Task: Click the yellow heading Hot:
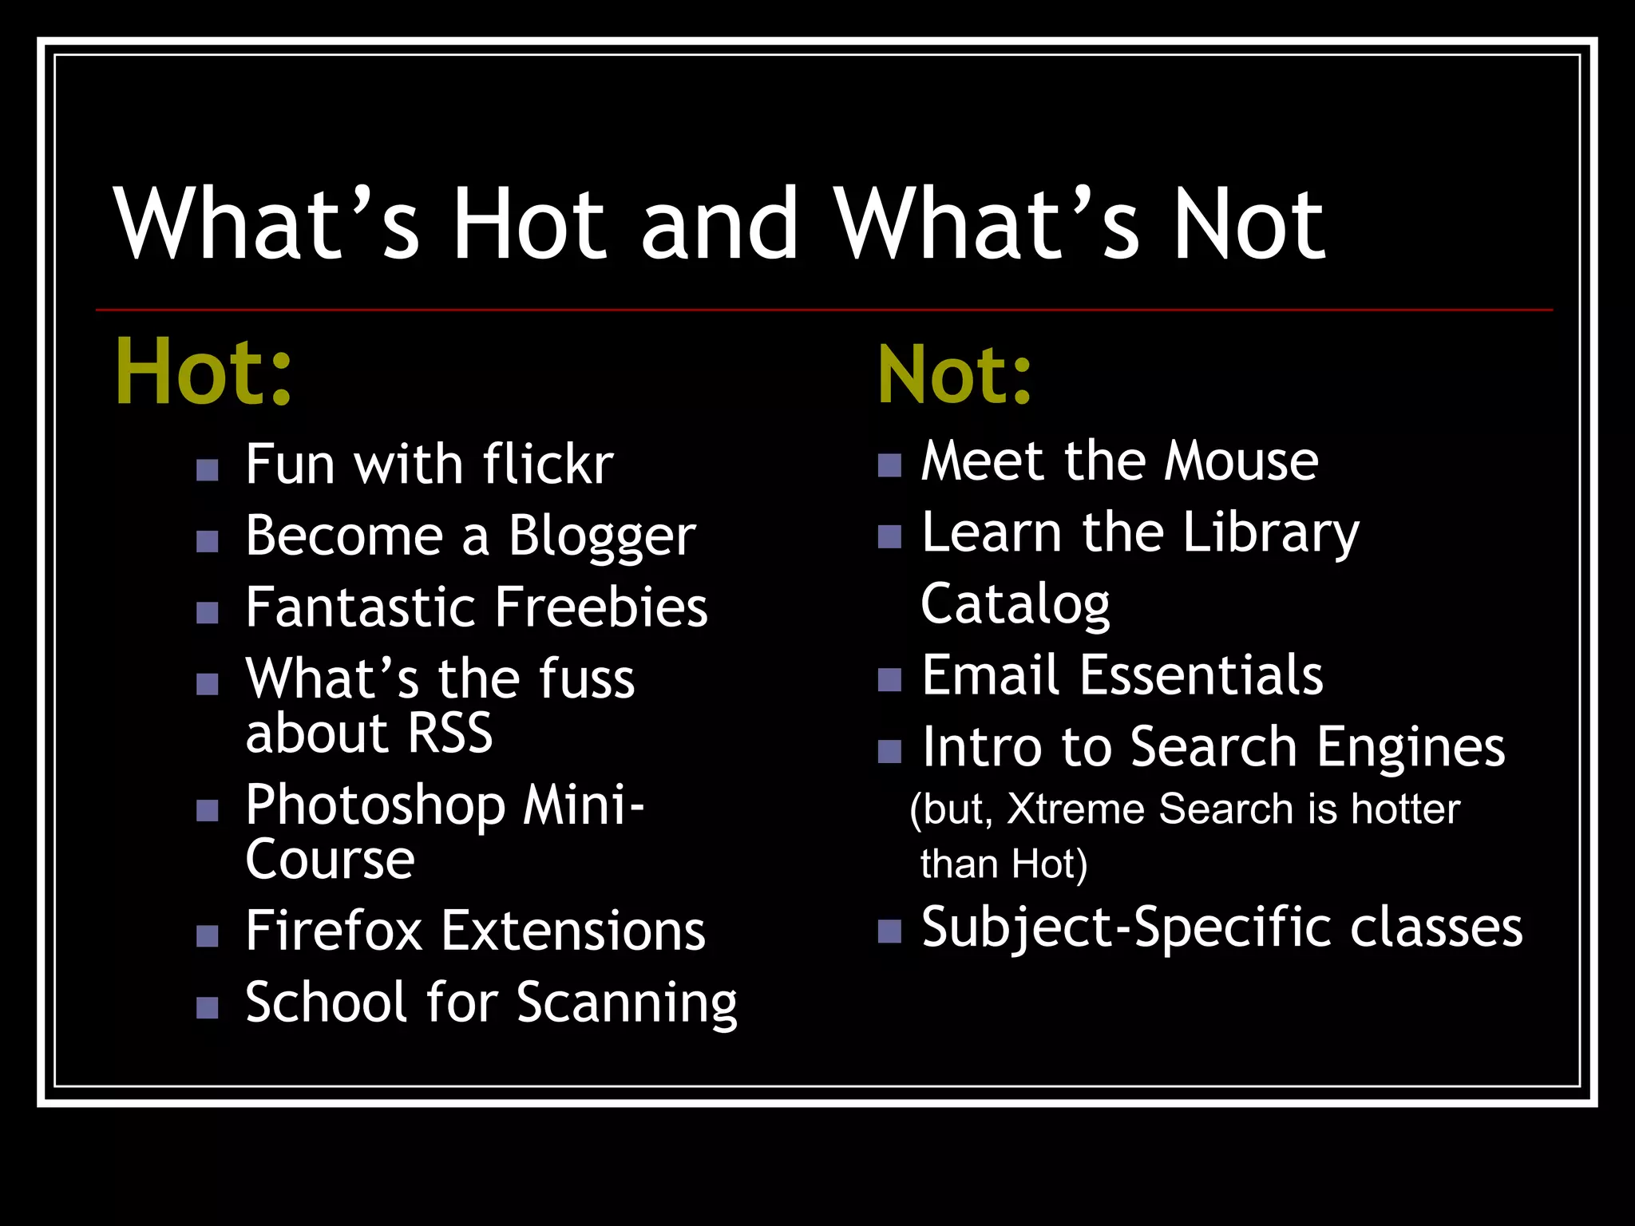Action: pos(204,372)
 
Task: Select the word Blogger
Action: pos(602,536)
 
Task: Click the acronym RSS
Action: pos(450,733)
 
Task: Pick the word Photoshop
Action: pos(375,806)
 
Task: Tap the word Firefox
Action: pos(334,931)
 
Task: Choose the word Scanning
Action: pos(627,1003)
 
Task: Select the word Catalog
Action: pos(1015,605)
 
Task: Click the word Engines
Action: pos(1411,748)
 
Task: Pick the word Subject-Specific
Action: pos(1126,928)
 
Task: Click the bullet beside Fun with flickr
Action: pos(208,470)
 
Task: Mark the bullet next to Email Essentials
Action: pos(889,680)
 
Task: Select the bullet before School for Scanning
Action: pos(208,1008)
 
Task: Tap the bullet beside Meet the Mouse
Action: pos(889,465)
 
